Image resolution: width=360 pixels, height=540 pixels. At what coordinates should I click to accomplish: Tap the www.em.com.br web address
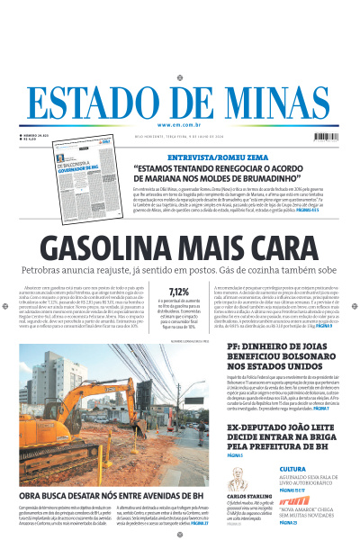179,125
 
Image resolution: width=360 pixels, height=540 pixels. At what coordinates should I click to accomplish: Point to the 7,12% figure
179,291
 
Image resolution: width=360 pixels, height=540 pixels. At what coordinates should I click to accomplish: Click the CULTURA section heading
293,469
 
